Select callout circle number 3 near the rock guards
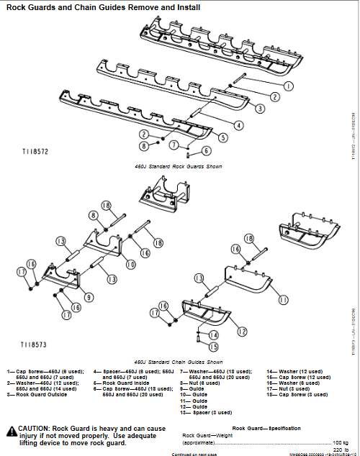click(x=259, y=108)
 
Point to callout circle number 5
click(x=224, y=137)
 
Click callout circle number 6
click(x=207, y=150)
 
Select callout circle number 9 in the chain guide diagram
click(x=68, y=296)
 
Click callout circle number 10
click(x=131, y=265)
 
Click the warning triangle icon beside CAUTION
click(x=12, y=432)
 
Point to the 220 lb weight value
click(x=340, y=450)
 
